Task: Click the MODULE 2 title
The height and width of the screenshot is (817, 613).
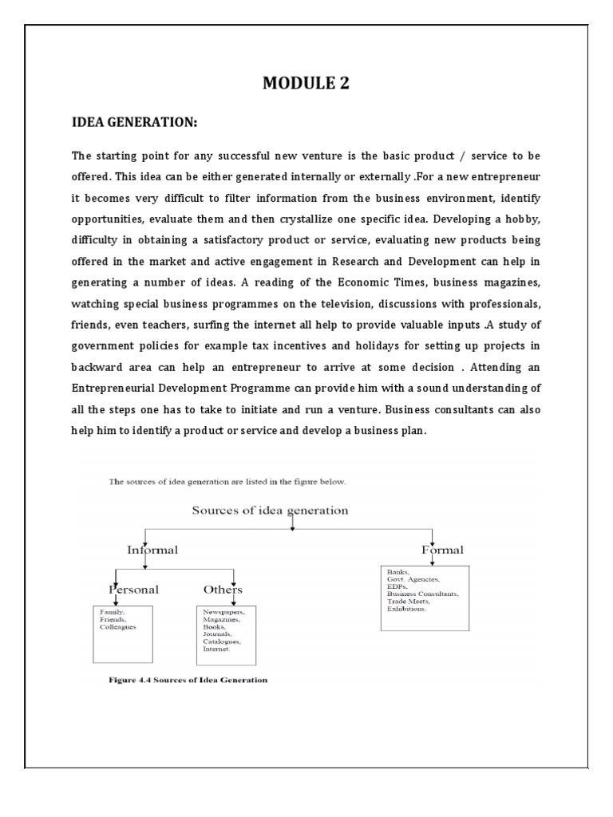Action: tap(306, 84)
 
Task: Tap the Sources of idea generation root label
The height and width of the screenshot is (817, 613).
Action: tap(270, 511)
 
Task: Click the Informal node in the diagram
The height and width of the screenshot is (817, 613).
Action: tap(152, 550)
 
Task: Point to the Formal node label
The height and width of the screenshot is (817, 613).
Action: tap(442, 550)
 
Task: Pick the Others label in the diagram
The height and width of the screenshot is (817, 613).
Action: tap(223, 590)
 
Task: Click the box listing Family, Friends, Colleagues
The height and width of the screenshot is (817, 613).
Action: tap(122, 633)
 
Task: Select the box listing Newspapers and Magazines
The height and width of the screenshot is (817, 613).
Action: tap(226, 635)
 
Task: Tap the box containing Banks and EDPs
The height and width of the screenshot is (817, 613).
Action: tap(425, 597)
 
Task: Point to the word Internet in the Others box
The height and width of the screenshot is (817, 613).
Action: tap(216, 649)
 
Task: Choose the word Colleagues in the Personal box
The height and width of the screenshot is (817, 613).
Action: tap(118, 627)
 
